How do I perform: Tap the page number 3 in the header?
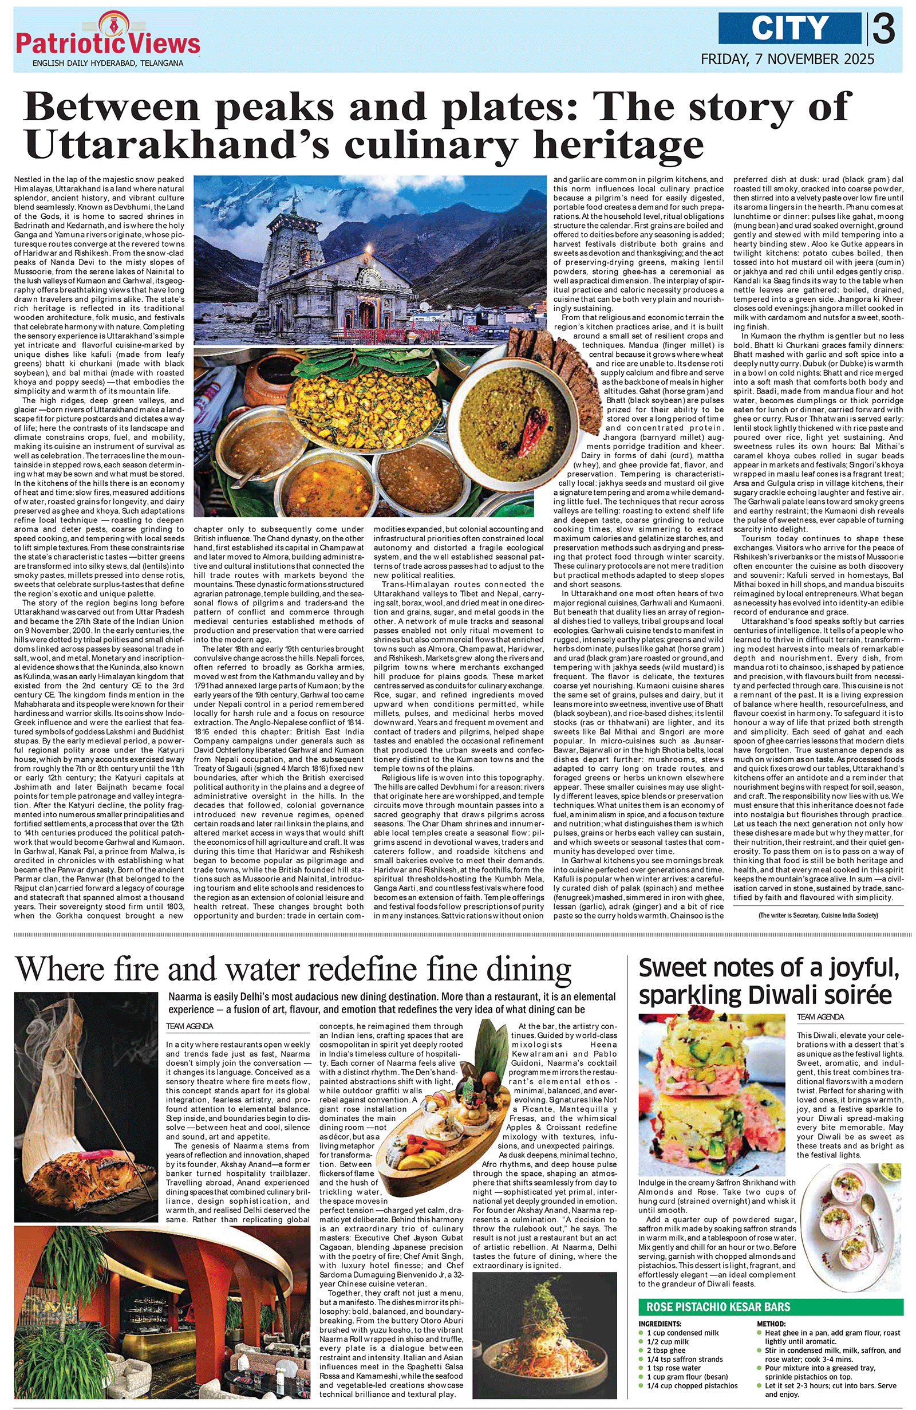pos(883,29)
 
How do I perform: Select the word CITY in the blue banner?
pos(790,28)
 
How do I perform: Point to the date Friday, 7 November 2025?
pos(787,59)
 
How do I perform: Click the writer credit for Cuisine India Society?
pos(818,915)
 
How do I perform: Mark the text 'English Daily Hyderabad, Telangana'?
pos(108,63)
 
